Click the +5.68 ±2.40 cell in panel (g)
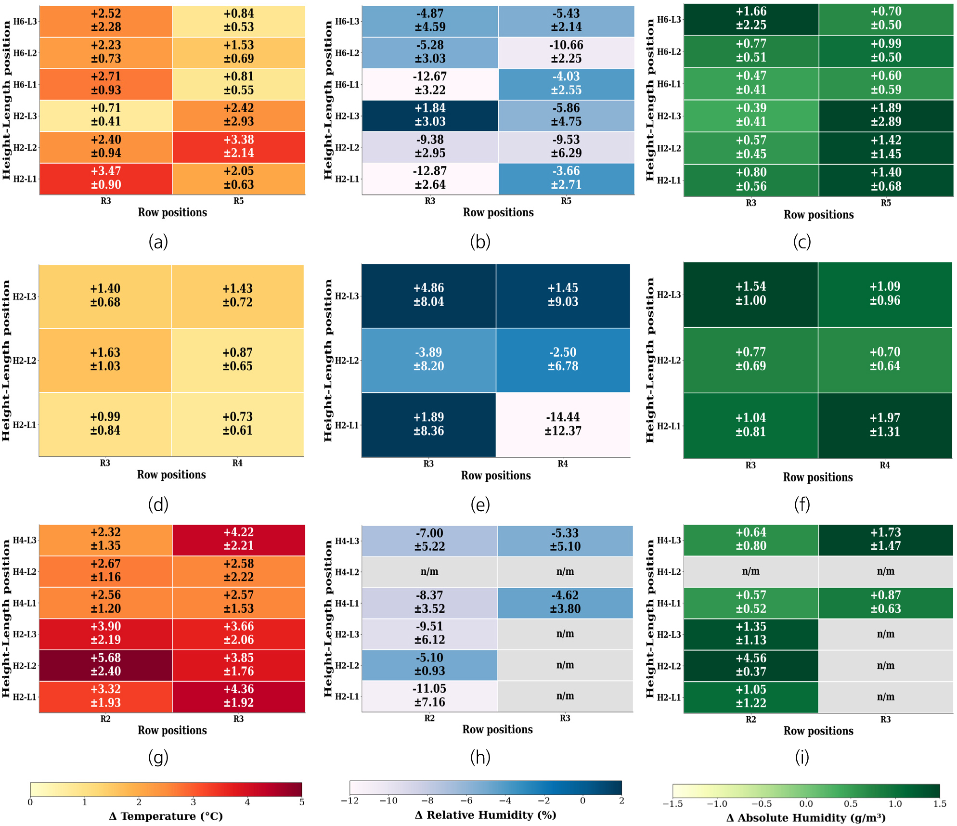coord(105,665)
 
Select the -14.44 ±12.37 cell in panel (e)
coord(563,424)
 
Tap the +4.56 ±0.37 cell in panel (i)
coord(751,665)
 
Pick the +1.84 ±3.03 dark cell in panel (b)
coord(430,115)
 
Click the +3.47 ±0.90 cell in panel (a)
coord(106,178)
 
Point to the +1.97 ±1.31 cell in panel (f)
coord(885,425)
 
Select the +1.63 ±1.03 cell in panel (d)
coord(105,360)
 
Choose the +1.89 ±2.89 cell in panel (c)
coord(886,115)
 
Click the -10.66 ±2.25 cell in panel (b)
coord(566,52)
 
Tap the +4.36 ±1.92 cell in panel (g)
coord(239,696)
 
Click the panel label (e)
coord(480,504)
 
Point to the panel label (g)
coord(158,757)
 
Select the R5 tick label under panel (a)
coord(239,201)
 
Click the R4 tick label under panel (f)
coord(885,465)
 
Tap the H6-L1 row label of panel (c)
coord(669,84)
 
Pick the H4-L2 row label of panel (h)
coord(347,572)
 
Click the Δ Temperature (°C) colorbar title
coord(166,816)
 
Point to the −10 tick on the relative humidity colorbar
coord(388,801)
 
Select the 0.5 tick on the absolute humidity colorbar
coord(851,804)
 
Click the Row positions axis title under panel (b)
coord(498,212)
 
